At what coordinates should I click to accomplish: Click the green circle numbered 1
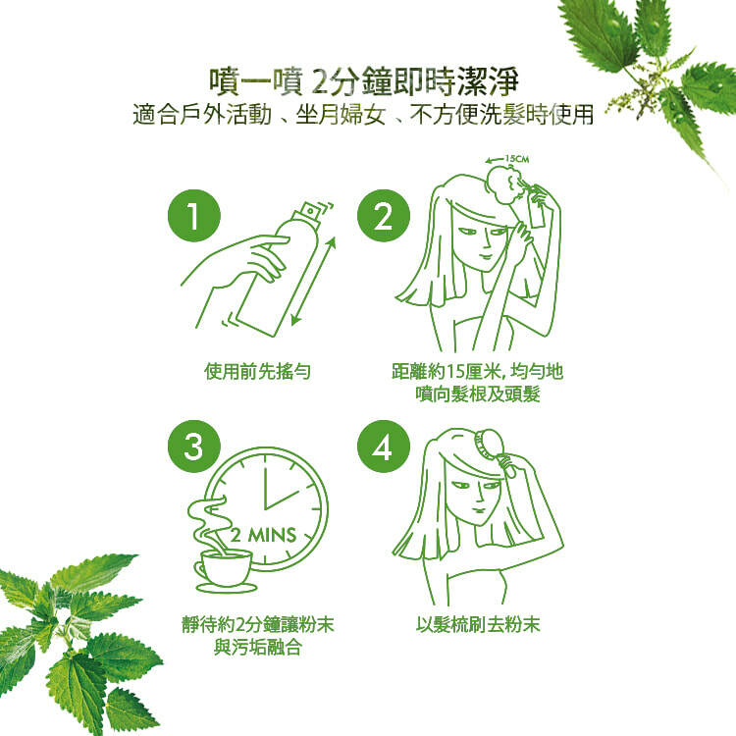point(194,216)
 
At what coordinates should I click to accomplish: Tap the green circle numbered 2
point(383,216)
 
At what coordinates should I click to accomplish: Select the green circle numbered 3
point(194,447)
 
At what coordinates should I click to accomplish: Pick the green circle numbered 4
point(383,447)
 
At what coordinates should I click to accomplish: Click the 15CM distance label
point(517,159)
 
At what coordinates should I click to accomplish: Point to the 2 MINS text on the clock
point(263,535)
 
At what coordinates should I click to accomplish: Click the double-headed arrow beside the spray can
point(314,281)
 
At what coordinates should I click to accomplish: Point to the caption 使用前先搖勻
point(257,371)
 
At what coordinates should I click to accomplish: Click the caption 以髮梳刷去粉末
point(478,624)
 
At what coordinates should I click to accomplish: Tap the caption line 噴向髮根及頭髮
point(478,394)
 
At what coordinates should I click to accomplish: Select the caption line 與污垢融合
point(257,648)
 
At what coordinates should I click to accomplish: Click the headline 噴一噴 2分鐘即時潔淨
point(364,80)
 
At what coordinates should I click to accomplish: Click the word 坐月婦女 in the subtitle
point(341,115)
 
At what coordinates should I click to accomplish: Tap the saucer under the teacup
point(227,587)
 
